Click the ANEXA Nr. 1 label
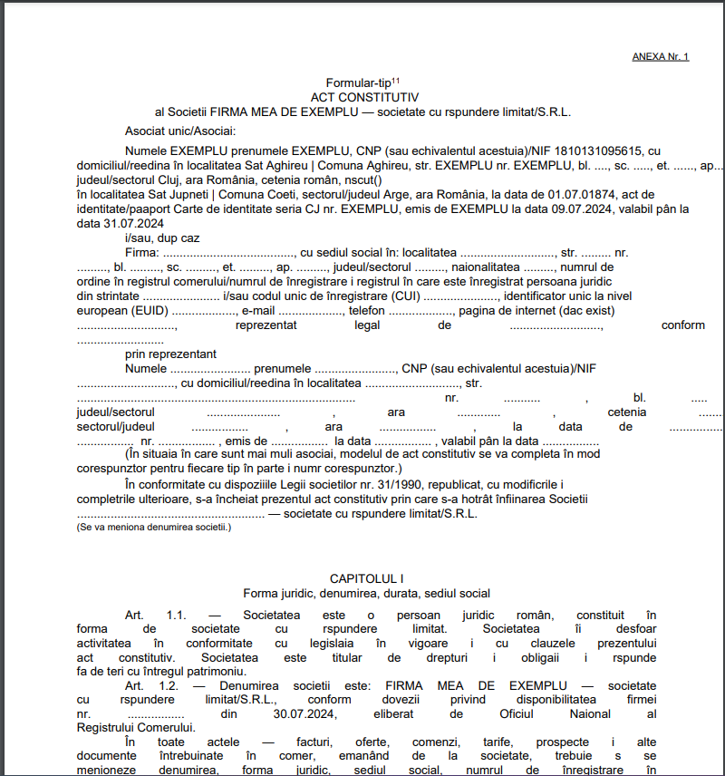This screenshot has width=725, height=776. click(x=660, y=57)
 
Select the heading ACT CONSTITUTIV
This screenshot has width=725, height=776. click(x=362, y=96)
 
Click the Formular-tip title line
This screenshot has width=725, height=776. click(x=362, y=83)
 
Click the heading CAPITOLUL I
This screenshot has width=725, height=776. click(x=366, y=578)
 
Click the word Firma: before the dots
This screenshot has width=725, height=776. click(x=143, y=252)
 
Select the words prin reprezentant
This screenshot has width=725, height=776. click(x=170, y=354)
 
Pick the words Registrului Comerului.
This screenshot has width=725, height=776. click(x=135, y=728)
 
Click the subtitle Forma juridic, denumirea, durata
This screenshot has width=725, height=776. click(x=366, y=594)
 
